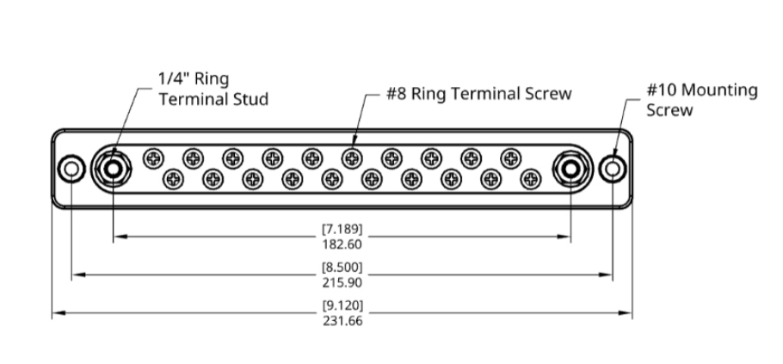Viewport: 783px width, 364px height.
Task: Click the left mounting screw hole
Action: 71,169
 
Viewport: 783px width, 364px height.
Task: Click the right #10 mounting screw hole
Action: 613,169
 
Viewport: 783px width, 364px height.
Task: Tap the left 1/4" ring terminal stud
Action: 113,169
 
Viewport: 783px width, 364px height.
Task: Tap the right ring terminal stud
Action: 570,169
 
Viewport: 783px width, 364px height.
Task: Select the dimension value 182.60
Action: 342,244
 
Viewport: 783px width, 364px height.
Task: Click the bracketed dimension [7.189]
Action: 342,229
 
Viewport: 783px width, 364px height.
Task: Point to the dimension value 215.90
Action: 342,282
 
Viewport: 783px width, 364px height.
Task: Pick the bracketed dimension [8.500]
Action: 342,267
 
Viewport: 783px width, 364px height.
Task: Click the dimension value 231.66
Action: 342,321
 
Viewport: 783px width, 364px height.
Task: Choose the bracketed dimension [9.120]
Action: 342,305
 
